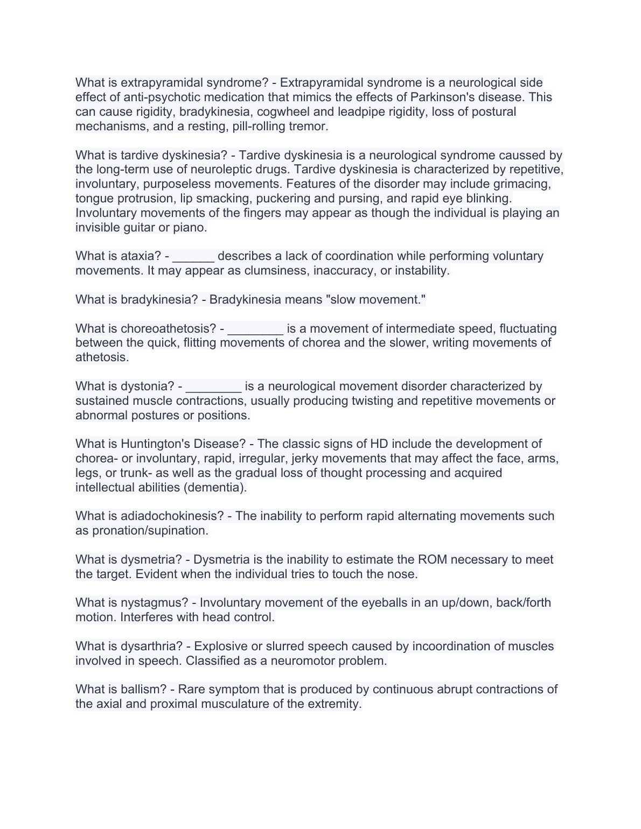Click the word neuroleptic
click(x=222, y=170)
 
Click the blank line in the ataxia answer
click(x=193, y=256)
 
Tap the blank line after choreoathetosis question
click(x=255, y=329)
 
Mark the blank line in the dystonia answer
click(x=213, y=387)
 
